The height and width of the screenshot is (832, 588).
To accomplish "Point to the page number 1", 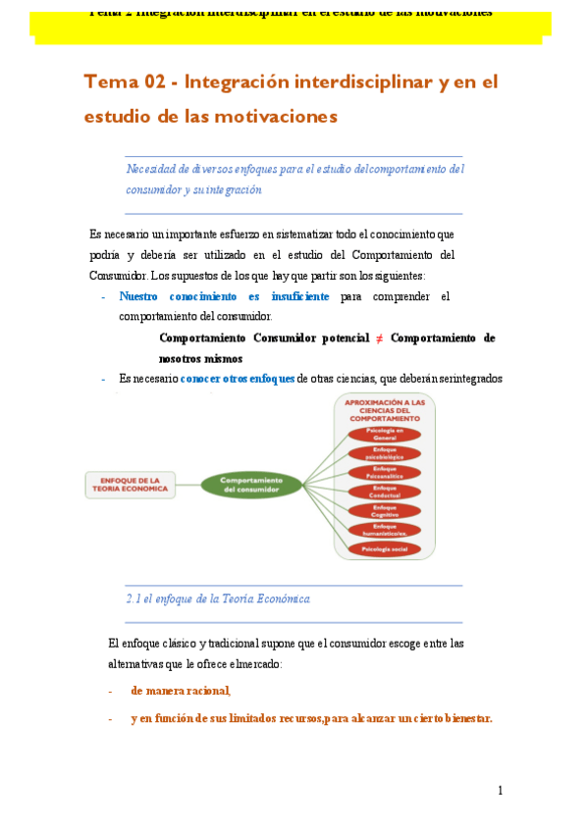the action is tap(500, 791).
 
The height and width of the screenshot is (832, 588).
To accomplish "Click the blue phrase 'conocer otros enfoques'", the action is tap(238, 379).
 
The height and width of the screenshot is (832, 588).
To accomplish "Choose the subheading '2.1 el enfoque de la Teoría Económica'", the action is tap(218, 598).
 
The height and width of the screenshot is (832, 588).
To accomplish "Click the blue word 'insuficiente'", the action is tap(297, 296).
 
